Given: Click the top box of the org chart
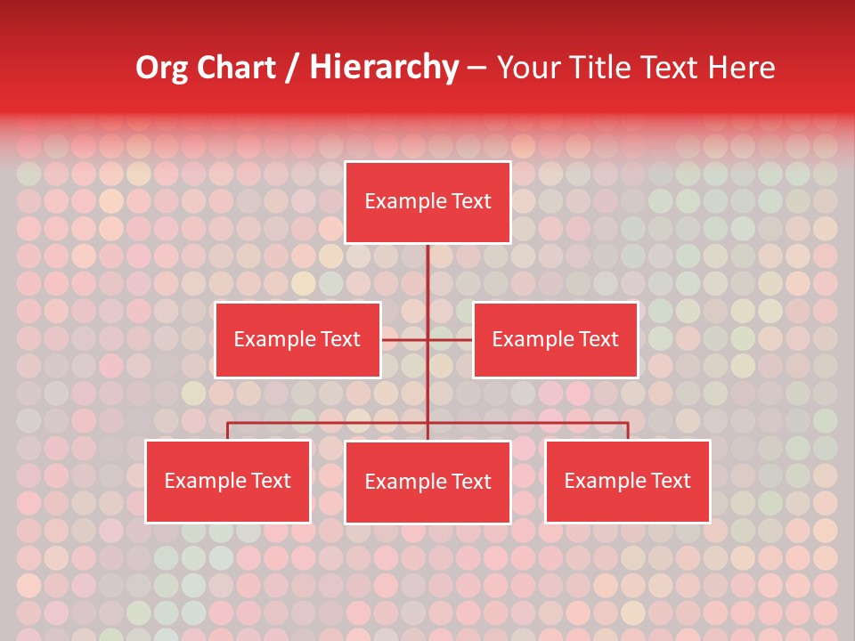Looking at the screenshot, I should click(x=427, y=202).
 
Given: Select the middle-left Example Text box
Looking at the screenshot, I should click(x=297, y=339).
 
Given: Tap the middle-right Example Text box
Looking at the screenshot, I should click(x=555, y=339).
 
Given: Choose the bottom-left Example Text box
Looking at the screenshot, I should click(x=228, y=481).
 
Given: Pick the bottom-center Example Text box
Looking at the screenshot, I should click(x=427, y=482).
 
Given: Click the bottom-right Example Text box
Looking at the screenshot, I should click(x=627, y=481).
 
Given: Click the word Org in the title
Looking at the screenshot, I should click(x=162, y=68).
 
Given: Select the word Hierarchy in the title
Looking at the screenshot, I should click(x=383, y=68).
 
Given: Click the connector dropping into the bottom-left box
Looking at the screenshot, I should click(x=228, y=431).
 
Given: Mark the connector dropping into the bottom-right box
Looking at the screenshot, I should click(x=628, y=431).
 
